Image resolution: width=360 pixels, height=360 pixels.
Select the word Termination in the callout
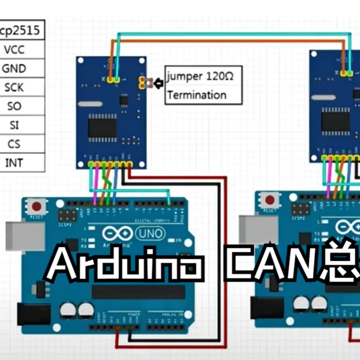coord(197,94)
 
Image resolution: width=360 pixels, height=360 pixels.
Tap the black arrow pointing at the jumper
coord(157,83)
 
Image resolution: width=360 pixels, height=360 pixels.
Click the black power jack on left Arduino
coord(32,315)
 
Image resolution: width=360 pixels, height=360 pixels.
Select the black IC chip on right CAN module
coord(335,120)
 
